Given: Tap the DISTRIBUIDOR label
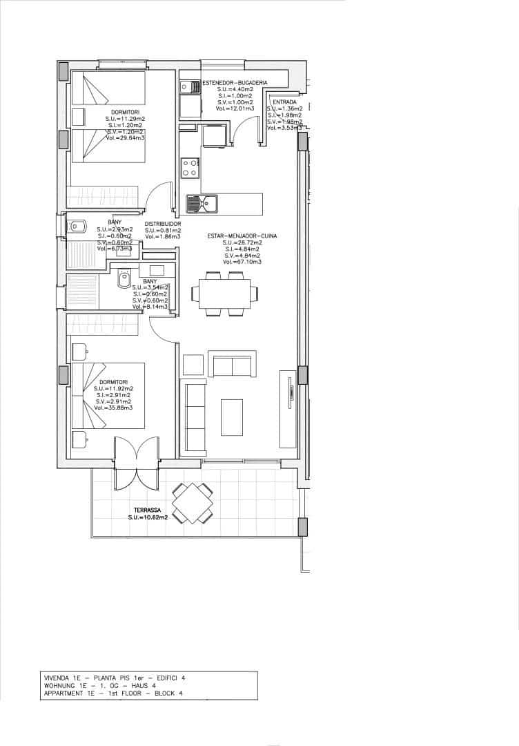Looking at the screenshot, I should click(x=163, y=224).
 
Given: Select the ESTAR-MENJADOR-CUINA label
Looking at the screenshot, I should click(x=242, y=236).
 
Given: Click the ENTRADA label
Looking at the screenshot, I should click(x=284, y=102).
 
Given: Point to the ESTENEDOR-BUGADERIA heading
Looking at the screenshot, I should click(x=235, y=82).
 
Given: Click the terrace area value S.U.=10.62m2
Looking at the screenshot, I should click(x=150, y=517).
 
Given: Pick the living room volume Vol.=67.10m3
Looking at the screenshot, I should click(x=242, y=262).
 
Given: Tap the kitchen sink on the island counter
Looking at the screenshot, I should click(x=202, y=204).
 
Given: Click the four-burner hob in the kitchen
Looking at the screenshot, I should click(x=190, y=167).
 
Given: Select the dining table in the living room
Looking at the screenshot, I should click(x=224, y=294).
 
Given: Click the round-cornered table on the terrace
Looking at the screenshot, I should click(x=192, y=504).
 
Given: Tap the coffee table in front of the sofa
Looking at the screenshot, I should click(x=231, y=417).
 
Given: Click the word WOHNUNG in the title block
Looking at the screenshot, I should click(x=59, y=685).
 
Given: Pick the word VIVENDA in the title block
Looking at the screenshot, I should click(x=58, y=678).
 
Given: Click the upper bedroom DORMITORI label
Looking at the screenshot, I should click(x=125, y=113).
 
